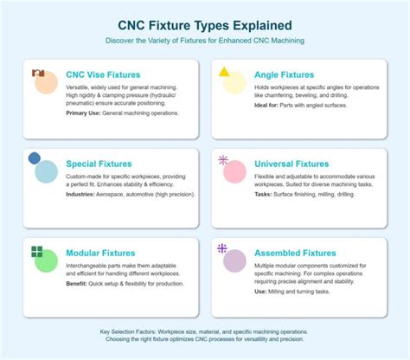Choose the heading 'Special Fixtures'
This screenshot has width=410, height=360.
(x=99, y=163)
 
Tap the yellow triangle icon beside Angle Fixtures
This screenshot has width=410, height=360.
(x=225, y=72)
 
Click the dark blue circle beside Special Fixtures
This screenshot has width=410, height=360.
(x=35, y=158)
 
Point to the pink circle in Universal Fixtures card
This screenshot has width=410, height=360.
(x=234, y=171)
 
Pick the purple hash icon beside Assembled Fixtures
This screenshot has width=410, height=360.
(x=222, y=248)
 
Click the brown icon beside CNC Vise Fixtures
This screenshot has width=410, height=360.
(x=36, y=74)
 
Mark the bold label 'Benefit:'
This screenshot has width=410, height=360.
(x=80, y=283)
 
